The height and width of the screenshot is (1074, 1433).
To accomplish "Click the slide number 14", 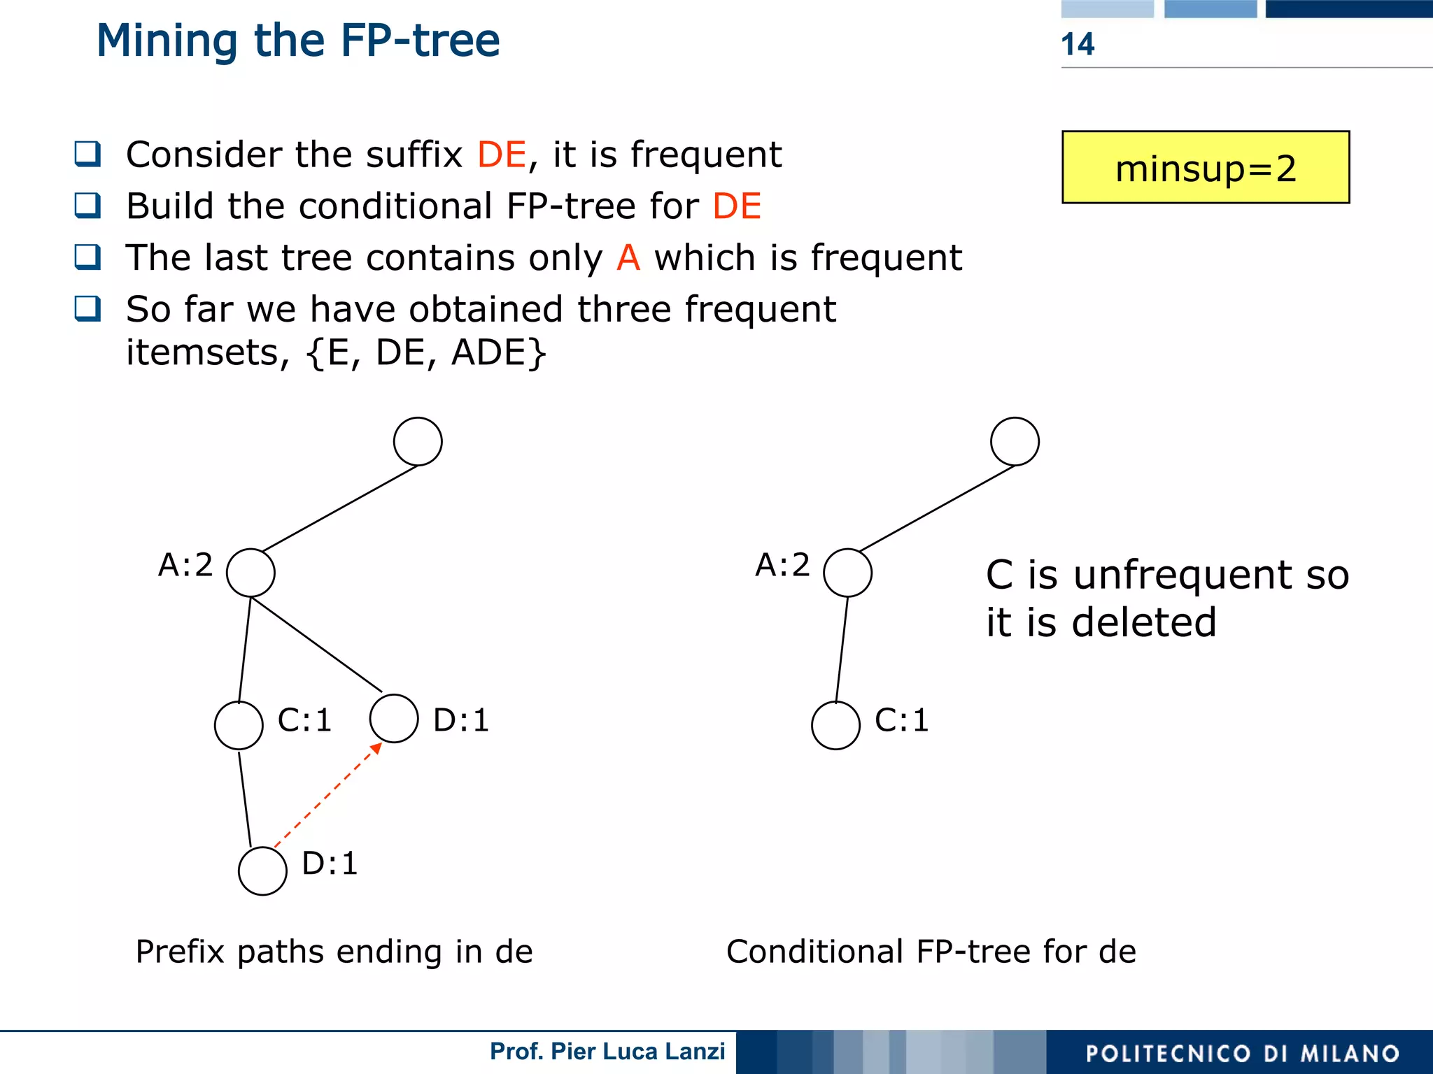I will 1077,44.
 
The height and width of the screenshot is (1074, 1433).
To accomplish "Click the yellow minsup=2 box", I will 1205,168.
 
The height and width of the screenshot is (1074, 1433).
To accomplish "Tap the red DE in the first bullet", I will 501,155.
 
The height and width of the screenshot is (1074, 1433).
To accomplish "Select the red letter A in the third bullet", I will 628,258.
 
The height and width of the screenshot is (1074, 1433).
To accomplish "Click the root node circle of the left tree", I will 418,442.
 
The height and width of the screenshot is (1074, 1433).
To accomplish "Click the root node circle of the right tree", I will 1015,442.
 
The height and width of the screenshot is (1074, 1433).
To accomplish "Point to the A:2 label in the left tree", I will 185,565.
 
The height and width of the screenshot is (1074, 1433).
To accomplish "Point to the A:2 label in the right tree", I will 782,565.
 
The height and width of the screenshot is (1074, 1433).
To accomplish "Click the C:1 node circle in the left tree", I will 239,726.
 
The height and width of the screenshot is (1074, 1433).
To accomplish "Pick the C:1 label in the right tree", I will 901,720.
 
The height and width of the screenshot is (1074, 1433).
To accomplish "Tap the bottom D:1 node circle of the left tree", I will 262,871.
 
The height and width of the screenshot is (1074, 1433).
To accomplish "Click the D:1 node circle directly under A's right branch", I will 394,718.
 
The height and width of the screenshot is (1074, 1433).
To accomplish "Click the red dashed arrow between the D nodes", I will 327,796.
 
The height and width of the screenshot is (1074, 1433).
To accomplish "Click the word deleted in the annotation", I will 1144,622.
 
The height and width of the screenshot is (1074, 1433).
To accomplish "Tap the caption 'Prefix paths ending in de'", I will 334,952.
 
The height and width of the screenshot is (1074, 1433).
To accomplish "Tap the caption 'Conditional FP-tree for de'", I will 931,952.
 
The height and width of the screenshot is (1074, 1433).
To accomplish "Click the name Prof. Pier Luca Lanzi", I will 607,1052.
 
